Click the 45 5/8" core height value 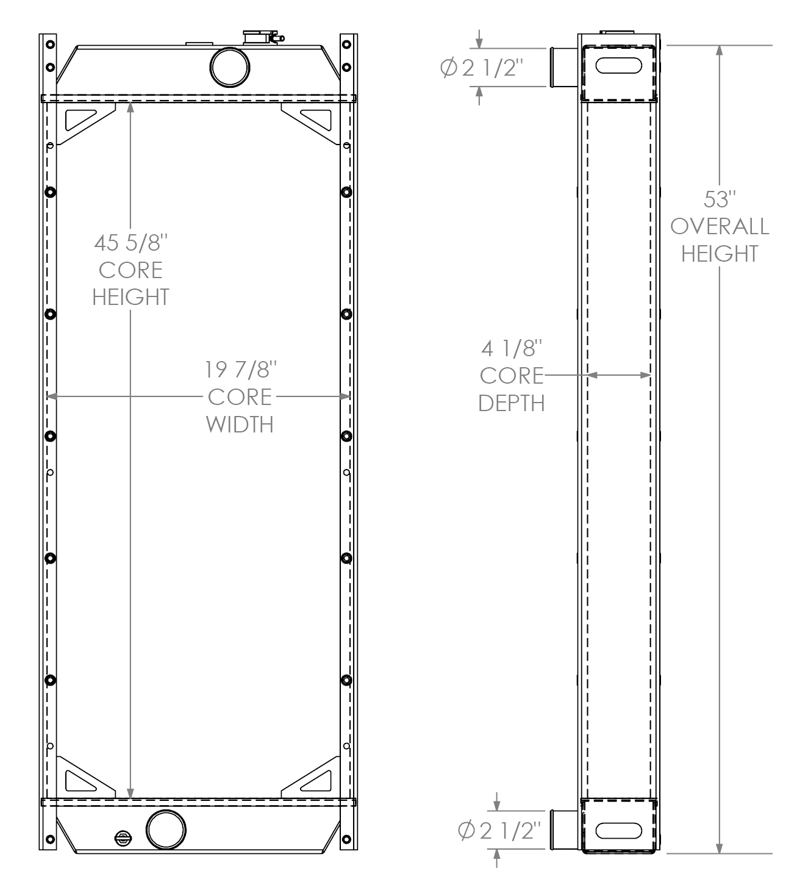point(131,243)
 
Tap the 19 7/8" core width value point(240,370)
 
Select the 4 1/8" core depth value point(512,348)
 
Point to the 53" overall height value point(720,199)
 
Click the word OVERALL point(720,227)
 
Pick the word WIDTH point(240,425)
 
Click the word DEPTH point(512,403)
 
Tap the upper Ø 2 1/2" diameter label point(482,68)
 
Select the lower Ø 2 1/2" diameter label point(499,831)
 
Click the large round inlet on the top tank point(229,67)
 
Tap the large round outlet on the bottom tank point(166,830)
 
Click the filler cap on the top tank point(262,38)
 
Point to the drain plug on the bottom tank point(123,837)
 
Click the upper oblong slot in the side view point(619,65)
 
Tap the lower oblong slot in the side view point(619,831)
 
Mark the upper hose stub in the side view point(564,67)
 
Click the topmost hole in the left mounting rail point(51,45)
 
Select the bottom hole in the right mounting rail point(347,839)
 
